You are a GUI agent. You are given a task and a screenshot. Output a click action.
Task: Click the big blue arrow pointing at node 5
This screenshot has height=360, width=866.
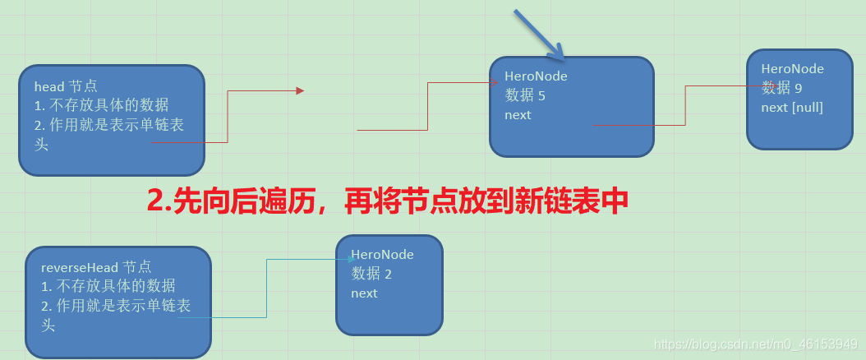pos(539,35)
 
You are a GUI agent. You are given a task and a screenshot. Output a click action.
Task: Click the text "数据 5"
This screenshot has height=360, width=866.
pos(525,95)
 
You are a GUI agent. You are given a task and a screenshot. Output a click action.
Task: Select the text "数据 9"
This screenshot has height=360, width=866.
pos(781,88)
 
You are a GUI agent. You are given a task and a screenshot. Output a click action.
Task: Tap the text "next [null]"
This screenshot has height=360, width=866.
pos(792,107)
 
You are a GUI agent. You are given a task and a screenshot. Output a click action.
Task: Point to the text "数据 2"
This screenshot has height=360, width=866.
pos(371,274)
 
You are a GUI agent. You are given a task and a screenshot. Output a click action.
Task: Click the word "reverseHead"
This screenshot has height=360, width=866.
pos(80,267)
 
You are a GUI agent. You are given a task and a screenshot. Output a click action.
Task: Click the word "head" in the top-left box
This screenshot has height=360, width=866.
pos(48,86)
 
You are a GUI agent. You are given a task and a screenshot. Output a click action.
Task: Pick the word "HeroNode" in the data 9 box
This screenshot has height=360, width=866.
pos(792,69)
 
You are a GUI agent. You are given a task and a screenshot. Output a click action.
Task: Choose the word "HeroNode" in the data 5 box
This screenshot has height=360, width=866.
pos(536,76)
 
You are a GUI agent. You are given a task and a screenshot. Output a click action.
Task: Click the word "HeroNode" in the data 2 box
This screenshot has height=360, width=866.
pos(382,255)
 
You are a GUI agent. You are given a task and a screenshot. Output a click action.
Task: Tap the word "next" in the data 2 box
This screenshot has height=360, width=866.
pos(364,293)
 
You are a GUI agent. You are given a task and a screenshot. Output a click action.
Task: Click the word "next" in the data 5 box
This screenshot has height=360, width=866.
pos(518,115)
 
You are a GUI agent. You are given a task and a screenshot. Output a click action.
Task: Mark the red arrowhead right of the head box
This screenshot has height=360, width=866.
pos(300,90)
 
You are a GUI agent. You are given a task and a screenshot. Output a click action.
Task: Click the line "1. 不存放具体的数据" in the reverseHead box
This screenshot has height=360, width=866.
pos(108,286)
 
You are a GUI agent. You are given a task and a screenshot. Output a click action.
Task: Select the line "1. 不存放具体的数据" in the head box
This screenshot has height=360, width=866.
pos(102,105)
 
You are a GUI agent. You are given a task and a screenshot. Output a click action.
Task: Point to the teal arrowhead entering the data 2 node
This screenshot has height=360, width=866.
pos(352,259)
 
